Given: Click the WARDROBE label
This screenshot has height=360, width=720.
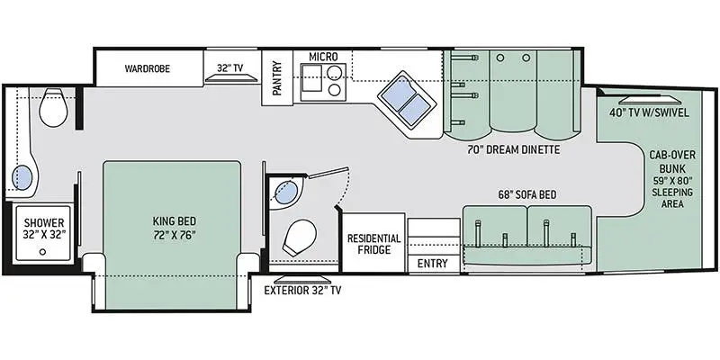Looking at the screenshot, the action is pos(147,69).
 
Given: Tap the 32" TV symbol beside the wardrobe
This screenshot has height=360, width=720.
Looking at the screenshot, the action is pos(230,78).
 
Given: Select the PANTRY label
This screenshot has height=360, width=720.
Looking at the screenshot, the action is pos(277,78).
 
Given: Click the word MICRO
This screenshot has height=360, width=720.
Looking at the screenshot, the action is pos(323,57).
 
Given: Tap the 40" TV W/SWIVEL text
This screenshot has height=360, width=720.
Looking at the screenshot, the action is pos(649,112).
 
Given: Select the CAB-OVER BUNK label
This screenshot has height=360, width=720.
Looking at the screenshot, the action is pos(672,161).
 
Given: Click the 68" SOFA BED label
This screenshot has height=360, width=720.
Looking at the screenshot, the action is pos(527,194).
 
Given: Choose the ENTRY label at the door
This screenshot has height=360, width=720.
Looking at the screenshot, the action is pos(432,263).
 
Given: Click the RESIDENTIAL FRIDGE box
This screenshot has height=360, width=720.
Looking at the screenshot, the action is pos(374,242).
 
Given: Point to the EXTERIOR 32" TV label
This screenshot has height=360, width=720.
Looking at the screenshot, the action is pos(302,290).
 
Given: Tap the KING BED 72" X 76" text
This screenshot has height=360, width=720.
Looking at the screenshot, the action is pos(175,228).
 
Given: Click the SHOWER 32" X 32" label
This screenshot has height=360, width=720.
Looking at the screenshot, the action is pos(44,229).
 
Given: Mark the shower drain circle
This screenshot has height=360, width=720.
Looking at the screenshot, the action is pos(42,251).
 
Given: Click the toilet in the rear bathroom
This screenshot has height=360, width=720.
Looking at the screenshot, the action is pos(54,107).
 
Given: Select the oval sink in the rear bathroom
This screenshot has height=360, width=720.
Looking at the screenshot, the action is pos(22,177).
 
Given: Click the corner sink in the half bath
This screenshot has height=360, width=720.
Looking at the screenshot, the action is pos(284,193).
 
